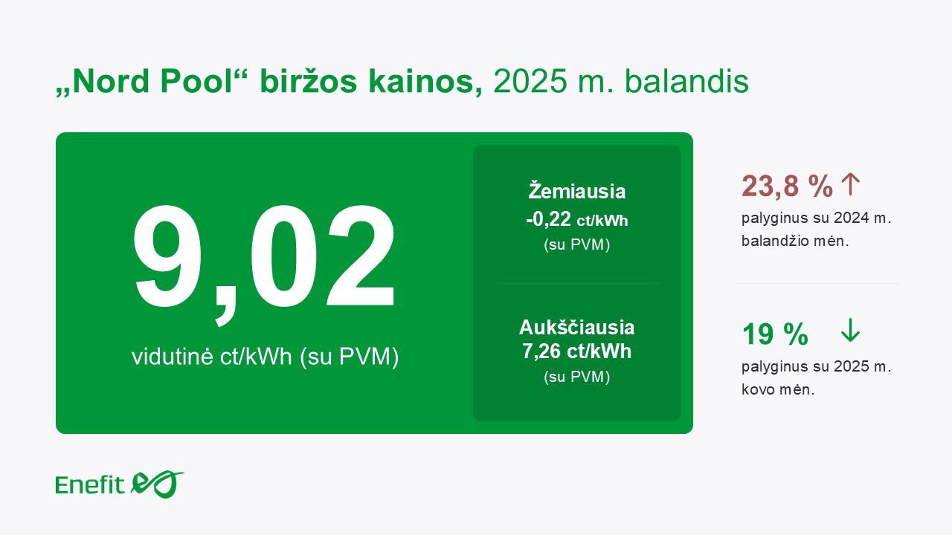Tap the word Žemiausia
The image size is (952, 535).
[576, 191]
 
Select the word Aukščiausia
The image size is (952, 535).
[576, 328]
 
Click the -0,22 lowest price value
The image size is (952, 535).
[548, 219]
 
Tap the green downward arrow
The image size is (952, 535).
[850, 331]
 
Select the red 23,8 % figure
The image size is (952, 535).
[787, 186]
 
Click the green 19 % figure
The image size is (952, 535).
[775, 334]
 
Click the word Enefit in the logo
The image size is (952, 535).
[90, 485]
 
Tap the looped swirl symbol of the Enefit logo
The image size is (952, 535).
[157, 484]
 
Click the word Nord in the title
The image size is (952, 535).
[111, 82]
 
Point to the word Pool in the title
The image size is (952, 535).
[196, 82]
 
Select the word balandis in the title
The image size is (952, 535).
[686, 82]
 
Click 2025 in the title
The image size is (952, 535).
[530, 82]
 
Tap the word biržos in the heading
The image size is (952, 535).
[309, 82]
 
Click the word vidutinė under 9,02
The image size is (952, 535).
[173, 356]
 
